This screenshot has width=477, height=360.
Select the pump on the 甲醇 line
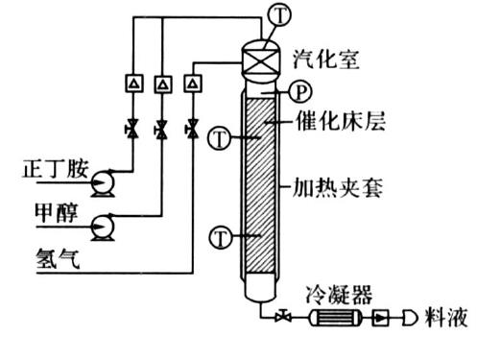[101, 226]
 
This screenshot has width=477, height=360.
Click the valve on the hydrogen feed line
[193, 127]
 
